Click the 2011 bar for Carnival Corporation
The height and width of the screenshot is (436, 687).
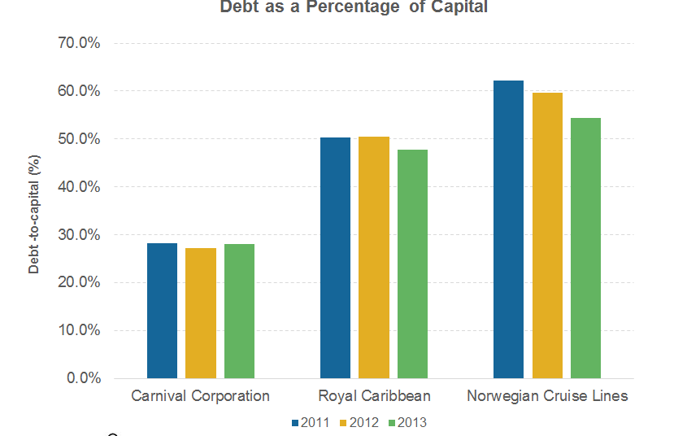[162, 311]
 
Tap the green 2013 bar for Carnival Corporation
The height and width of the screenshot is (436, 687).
[239, 312]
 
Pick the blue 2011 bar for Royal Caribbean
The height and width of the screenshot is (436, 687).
[335, 258]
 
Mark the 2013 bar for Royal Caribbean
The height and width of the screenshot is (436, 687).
[412, 264]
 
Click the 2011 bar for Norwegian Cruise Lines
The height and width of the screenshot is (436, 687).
[508, 229]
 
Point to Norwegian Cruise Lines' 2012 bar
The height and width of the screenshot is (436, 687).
[547, 236]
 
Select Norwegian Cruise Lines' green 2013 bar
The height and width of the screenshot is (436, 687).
[585, 248]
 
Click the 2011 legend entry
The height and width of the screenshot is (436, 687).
[310, 422]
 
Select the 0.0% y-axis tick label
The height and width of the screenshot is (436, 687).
[84, 378]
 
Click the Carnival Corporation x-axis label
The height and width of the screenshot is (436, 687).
[200, 397]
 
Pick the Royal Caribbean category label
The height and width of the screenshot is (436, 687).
[374, 397]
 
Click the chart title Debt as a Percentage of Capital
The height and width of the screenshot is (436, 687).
[354, 8]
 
